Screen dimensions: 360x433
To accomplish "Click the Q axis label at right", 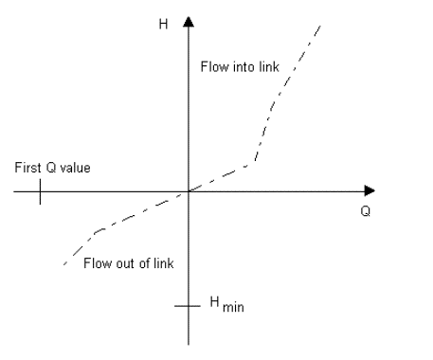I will (366, 210).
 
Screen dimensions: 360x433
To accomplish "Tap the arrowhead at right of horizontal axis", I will (370, 191).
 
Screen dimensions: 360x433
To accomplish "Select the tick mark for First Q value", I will (41, 191).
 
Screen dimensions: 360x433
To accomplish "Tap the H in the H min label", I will (214, 302).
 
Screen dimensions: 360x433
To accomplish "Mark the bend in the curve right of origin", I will (253, 164).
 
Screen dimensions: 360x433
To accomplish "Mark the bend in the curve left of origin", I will (99, 230).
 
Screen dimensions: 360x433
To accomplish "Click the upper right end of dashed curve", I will (322, 24).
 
